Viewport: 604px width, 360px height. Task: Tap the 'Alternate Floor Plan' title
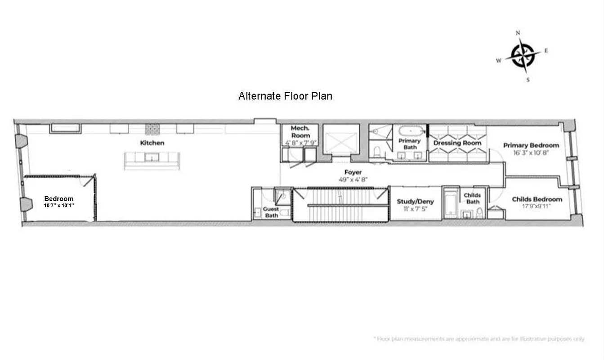tap(285, 96)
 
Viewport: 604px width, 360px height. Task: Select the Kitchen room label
tap(152, 143)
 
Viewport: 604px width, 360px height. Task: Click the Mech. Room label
tap(300, 132)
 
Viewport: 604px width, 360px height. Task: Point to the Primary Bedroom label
tap(531, 145)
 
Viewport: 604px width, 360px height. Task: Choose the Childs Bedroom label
tap(537, 199)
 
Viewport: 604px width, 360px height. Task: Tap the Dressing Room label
tap(457, 143)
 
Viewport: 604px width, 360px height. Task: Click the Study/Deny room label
tap(415, 202)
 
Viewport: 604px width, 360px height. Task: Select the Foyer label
tap(353, 172)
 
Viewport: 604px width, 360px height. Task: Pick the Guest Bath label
tap(271, 212)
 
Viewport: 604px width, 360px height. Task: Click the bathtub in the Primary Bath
tap(411, 131)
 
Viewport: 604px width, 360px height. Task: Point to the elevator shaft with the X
tap(341, 139)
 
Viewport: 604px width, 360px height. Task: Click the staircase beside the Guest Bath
tap(340, 205)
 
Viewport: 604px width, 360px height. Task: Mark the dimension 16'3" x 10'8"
tap(531, 153)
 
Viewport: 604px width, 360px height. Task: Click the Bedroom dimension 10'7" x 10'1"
tap(58, 205)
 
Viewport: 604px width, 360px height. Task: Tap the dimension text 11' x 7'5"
tap(415, 209)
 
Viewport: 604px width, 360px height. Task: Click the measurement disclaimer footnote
tap(479, 338)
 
